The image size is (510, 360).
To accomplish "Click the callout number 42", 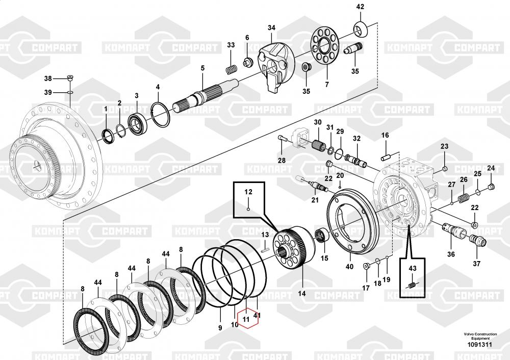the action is click(x=360, y=7).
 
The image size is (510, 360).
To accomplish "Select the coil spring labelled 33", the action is click(x=231, y=69).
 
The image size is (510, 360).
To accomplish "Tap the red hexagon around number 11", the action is click(x=248, y=319).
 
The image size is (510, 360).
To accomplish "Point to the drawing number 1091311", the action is click(x=479, y=345).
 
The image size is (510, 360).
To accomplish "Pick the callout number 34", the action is click(x=272, y=28).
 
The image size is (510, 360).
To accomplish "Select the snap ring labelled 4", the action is click(x=160, y=115).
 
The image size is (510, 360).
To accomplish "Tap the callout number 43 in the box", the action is click(x=412, y=269).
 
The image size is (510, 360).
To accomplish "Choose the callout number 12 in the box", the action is click(x=248, y=192).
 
